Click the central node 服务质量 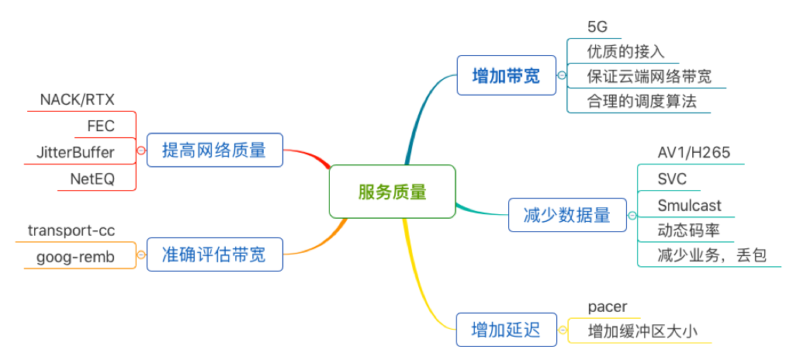(392, 192)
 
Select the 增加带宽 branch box (507, 75)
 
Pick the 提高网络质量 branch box (214, 150)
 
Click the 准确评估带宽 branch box (214, 254)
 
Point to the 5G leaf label (597, 26)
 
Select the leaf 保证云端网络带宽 (649, 77)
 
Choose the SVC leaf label (672, 179)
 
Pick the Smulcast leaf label (689, 206)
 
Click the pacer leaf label (608, 307)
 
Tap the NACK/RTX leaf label (77, 100)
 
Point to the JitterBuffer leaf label (75, 152)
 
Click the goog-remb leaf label (75, 257)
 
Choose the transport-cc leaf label (71, 230)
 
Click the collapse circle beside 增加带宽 (562, 76)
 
